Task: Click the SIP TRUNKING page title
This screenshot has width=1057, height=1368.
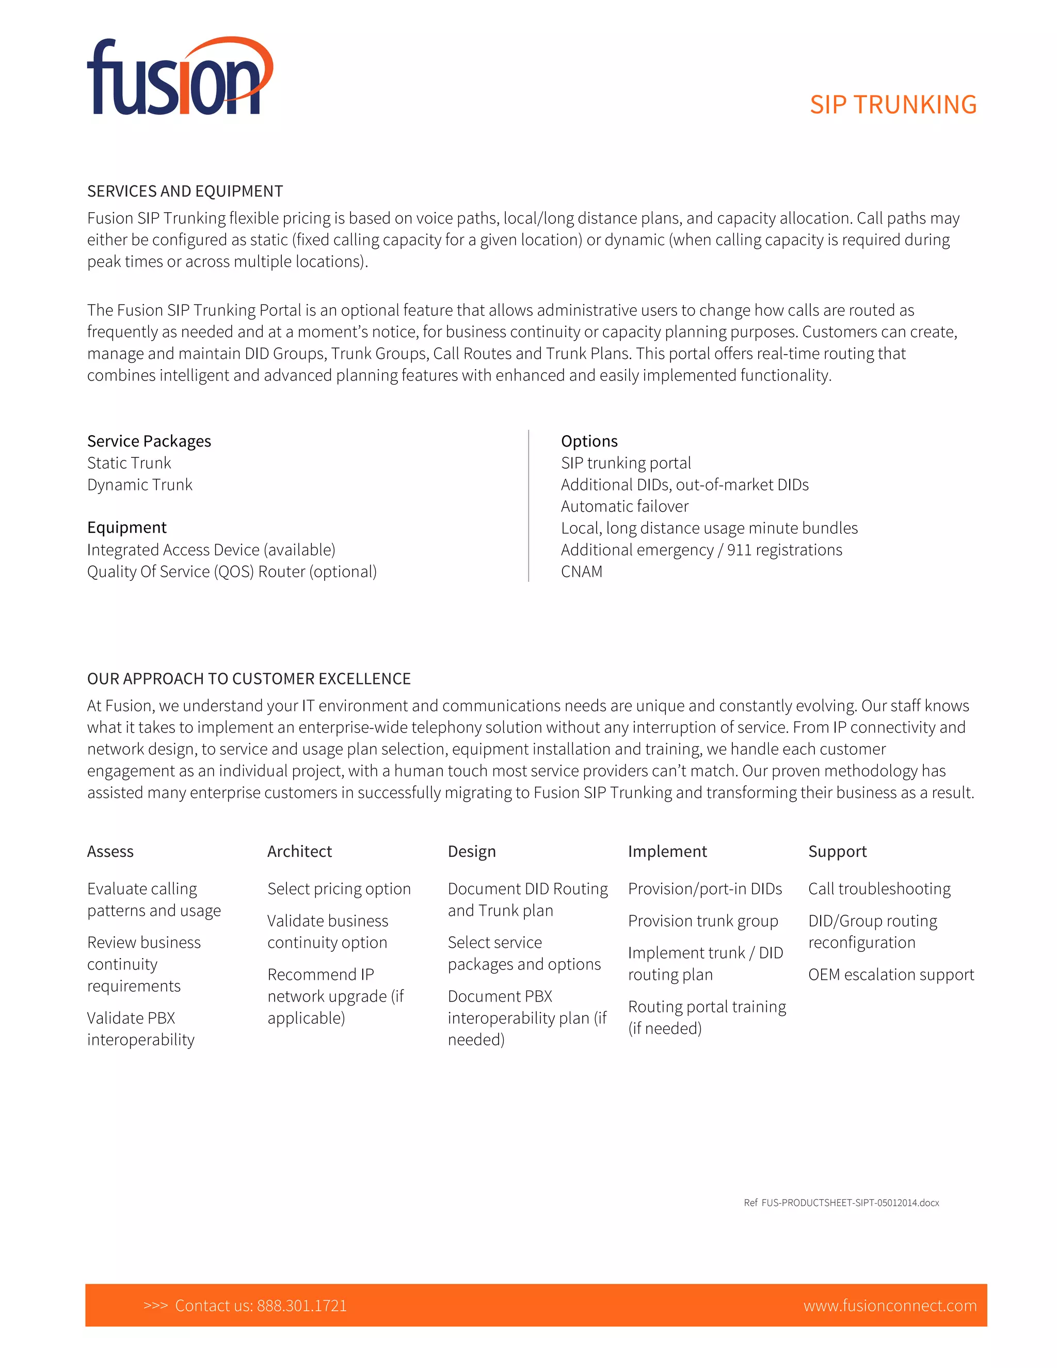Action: coord(892,105)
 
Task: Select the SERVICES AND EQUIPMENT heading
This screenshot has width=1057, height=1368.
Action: coord(185,191)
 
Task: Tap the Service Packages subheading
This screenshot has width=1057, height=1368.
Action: coord(149,441)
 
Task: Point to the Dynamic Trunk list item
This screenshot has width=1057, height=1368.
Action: coord(140,485)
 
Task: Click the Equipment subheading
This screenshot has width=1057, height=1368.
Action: coord(126,528)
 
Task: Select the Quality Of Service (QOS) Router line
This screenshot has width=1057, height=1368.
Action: coord(232,571)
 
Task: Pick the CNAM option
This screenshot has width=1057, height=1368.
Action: coord(581,571)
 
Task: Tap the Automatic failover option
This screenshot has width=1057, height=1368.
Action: coord(624,506)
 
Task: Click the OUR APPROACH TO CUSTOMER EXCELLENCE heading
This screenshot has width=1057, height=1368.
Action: coord(249,679)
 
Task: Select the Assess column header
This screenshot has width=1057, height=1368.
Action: coord(110,851)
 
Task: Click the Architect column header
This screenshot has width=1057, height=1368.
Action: coord(299,851)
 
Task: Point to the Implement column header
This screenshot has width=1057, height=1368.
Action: coord(667,851)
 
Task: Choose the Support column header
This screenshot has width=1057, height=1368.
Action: coord(837,851)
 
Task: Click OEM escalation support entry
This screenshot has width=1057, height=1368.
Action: coord(890,975)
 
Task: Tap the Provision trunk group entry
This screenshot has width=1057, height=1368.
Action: coord(702,921)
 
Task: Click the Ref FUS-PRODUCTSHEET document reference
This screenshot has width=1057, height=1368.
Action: coord(841,1203)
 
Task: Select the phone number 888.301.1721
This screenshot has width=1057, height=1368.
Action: coord(301,1306)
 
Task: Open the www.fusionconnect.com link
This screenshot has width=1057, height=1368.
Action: coord(890,1306)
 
